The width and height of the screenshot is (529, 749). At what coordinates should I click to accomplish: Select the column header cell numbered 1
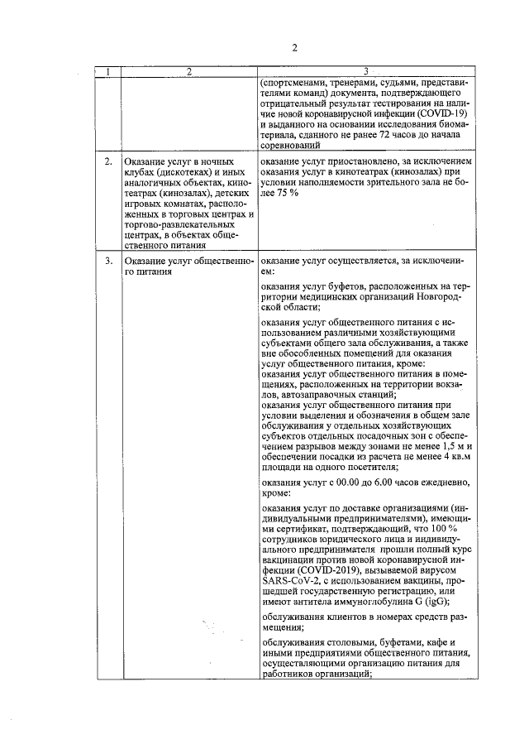(107, 72)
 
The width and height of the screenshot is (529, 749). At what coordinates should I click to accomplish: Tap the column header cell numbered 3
(365, 72)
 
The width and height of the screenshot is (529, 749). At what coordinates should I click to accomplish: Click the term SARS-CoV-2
(288, 584)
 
